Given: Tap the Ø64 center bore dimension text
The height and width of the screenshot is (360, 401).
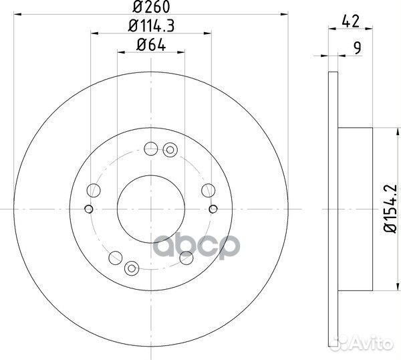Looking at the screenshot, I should (151, 46).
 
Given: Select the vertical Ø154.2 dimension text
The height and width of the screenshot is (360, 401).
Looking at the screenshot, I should (391, 208).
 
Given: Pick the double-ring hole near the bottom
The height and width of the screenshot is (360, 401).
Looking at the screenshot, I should (134, 268).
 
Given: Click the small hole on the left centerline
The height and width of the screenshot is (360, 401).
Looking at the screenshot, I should (90, 208).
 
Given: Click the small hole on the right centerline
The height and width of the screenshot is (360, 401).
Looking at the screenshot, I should (213, 208).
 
